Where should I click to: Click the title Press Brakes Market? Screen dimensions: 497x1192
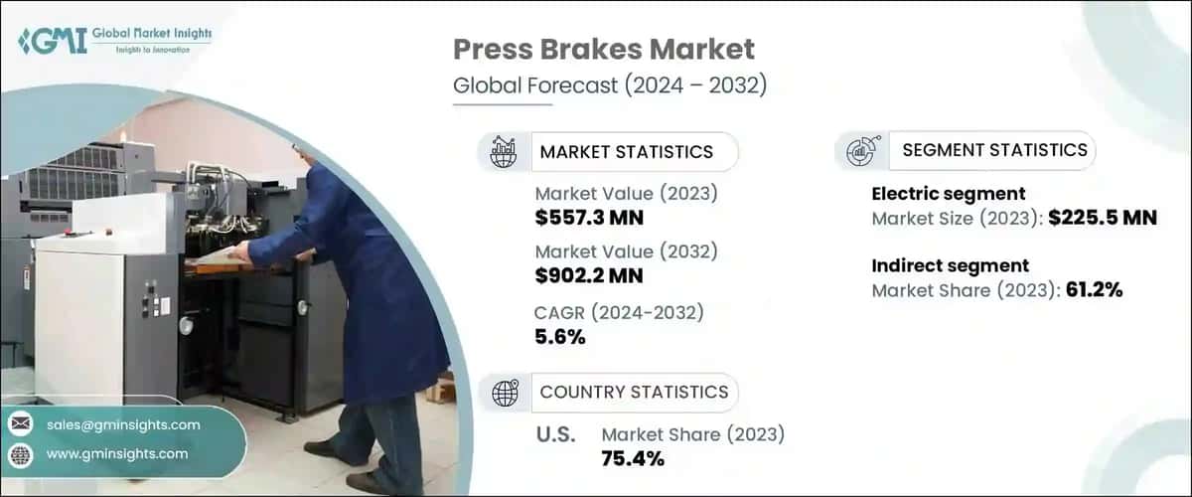pyautogui.click(x=604, y=50)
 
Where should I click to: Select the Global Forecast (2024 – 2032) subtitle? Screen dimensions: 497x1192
pyautogui.click(x=610, y=85)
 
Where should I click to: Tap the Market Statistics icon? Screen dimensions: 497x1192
pyautogui.click(x=505, y=151)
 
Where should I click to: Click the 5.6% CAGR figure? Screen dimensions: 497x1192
pyautogui.click(x=559, y=337)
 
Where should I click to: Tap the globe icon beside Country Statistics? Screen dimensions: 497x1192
pyautogui.click(x=505, y=392)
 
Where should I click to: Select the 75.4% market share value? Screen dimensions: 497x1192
pyautogui.click(x=632, y=457)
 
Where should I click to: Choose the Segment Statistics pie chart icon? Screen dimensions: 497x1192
pyautogui.click(x=859, y=151)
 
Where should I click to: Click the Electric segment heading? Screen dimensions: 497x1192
pyautogui.click(x=948, y=194)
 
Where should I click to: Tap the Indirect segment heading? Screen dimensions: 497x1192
pyautogui.click(x=950, y=265)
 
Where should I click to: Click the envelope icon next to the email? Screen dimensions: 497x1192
pyautogui.click(x=21, y=424)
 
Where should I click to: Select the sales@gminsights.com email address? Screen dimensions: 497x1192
pyautogui.click(x=123, y=424)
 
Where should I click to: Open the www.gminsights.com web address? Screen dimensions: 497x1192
pyautogui.click(x=117, y=453)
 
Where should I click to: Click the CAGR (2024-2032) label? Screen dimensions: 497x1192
pyautogui.click(x=619, y=313)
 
